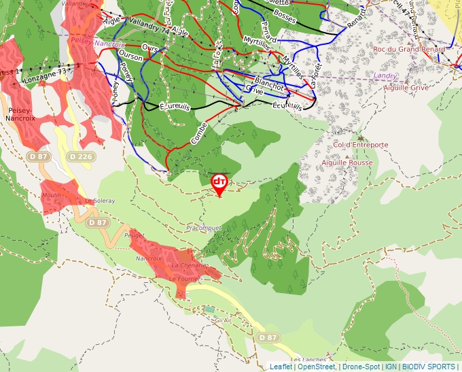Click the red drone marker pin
(219, 183)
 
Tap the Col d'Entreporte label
(360, 145)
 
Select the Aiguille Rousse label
(347, 163)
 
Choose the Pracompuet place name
(204, 227)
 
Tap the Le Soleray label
(100, 201)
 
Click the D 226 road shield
(81, 156)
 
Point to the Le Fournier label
(183, 279)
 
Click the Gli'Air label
(223, 320)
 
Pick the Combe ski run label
(198, 132)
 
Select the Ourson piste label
(131, 58)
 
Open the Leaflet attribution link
(281, 367)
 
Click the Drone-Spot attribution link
(361, 367)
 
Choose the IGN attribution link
(391, 367)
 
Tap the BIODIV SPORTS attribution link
(429, 367)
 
